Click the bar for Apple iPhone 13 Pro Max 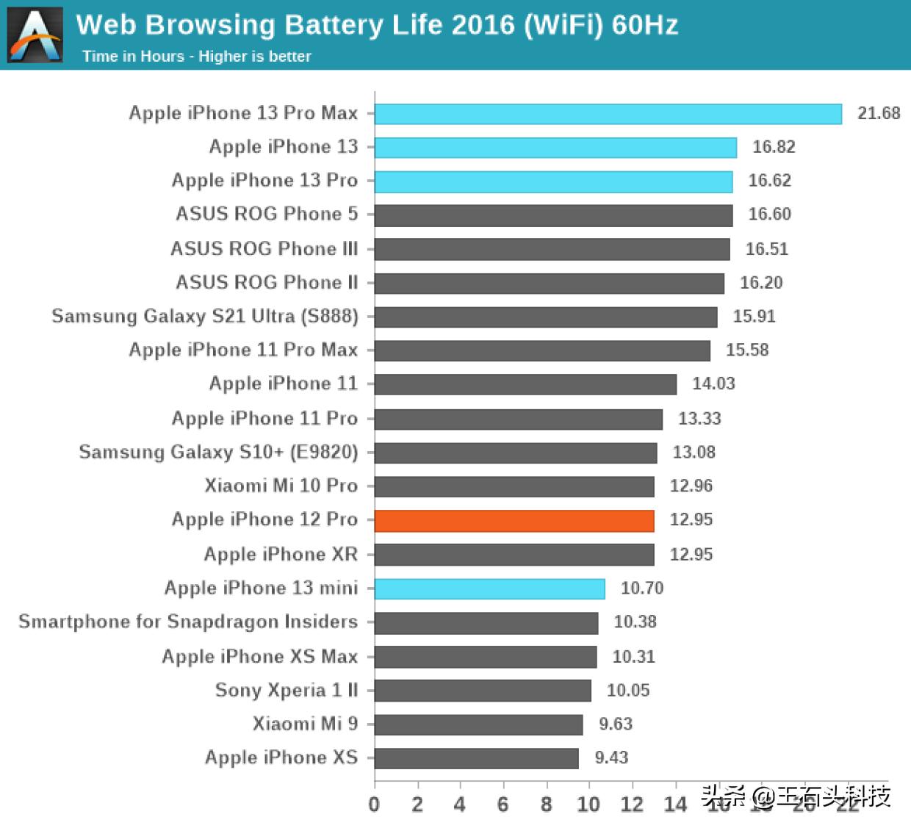tap(608, 114)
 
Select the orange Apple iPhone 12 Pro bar tap(514, 520)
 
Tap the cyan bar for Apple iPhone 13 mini tap(489, 588)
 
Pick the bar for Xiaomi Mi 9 tap(478, 724)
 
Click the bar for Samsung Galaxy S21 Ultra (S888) tap(546, 317)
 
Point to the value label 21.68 tap(878, 113)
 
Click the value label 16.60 tap(769, 215)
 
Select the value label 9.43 tap(611, 757)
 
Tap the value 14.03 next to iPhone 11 tap(713, 384)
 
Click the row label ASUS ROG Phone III tap(264, 248)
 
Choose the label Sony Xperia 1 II tap(287, 690)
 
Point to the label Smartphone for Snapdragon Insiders tap(188, 622)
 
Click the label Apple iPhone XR tap(281, 554)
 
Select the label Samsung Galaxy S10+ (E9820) tap(219, 452)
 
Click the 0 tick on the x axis tap(374, 804)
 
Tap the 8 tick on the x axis tap(546, 804)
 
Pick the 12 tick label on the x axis tap(632, 804)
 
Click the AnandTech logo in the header tap(35, 35)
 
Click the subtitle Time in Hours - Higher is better tap(197, 57)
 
